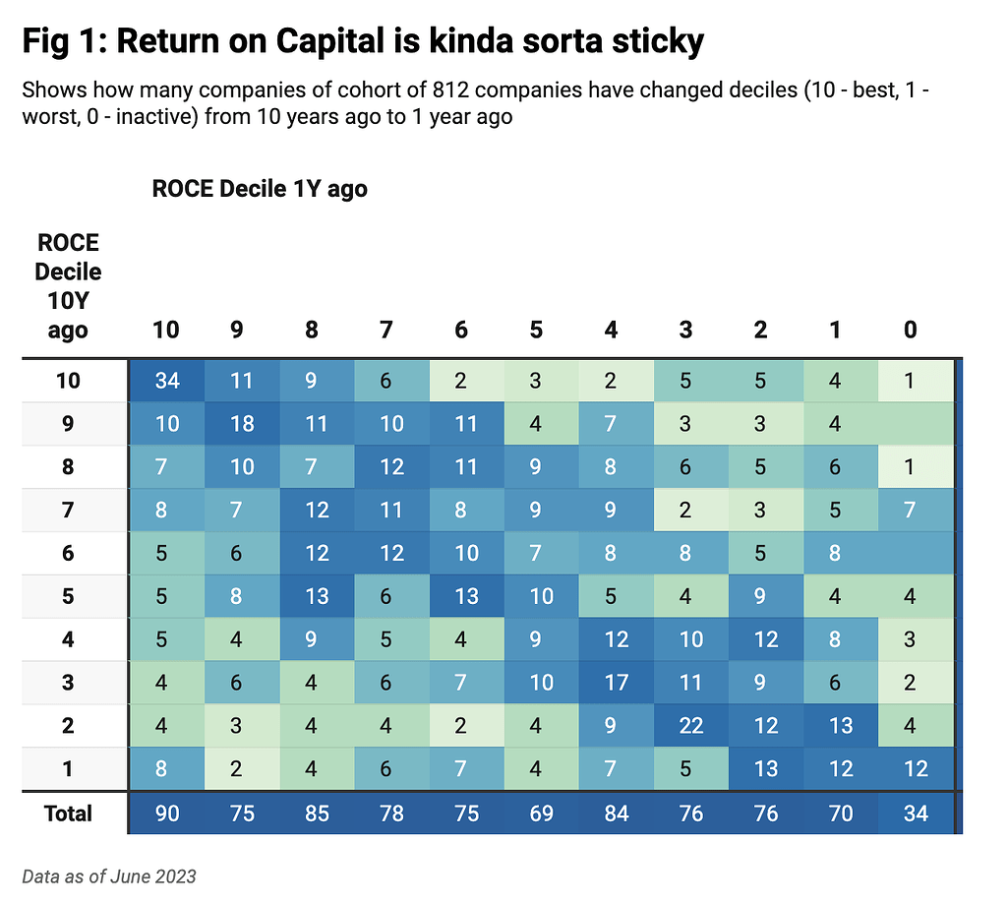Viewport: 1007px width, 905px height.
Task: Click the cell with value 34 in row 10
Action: (x=166, y=381)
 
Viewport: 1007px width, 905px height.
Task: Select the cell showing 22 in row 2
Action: (x=690, y=726)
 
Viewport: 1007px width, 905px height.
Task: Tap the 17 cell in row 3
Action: (x=616, y=683)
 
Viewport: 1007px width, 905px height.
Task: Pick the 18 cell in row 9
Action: (x=241, y=424)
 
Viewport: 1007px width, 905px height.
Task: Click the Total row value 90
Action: (x=166, y=814)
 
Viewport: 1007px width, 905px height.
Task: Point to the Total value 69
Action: (x=541, y=814)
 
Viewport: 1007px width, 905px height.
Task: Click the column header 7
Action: (x=386, y=330)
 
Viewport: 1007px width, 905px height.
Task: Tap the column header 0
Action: (x=910, y=330)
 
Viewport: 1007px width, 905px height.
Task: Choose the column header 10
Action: (x=166, y=330)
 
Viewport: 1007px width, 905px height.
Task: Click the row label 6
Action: (x=68, y=553)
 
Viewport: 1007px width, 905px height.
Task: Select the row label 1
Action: (x=68, y=768)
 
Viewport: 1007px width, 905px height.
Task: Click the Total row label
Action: (x=68, y=814)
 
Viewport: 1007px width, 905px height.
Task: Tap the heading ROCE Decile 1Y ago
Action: (x=260, y=189)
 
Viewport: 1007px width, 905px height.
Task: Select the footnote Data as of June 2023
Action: (x=108, y=875)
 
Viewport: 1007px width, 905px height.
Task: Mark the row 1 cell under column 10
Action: (x=166, y=768)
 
